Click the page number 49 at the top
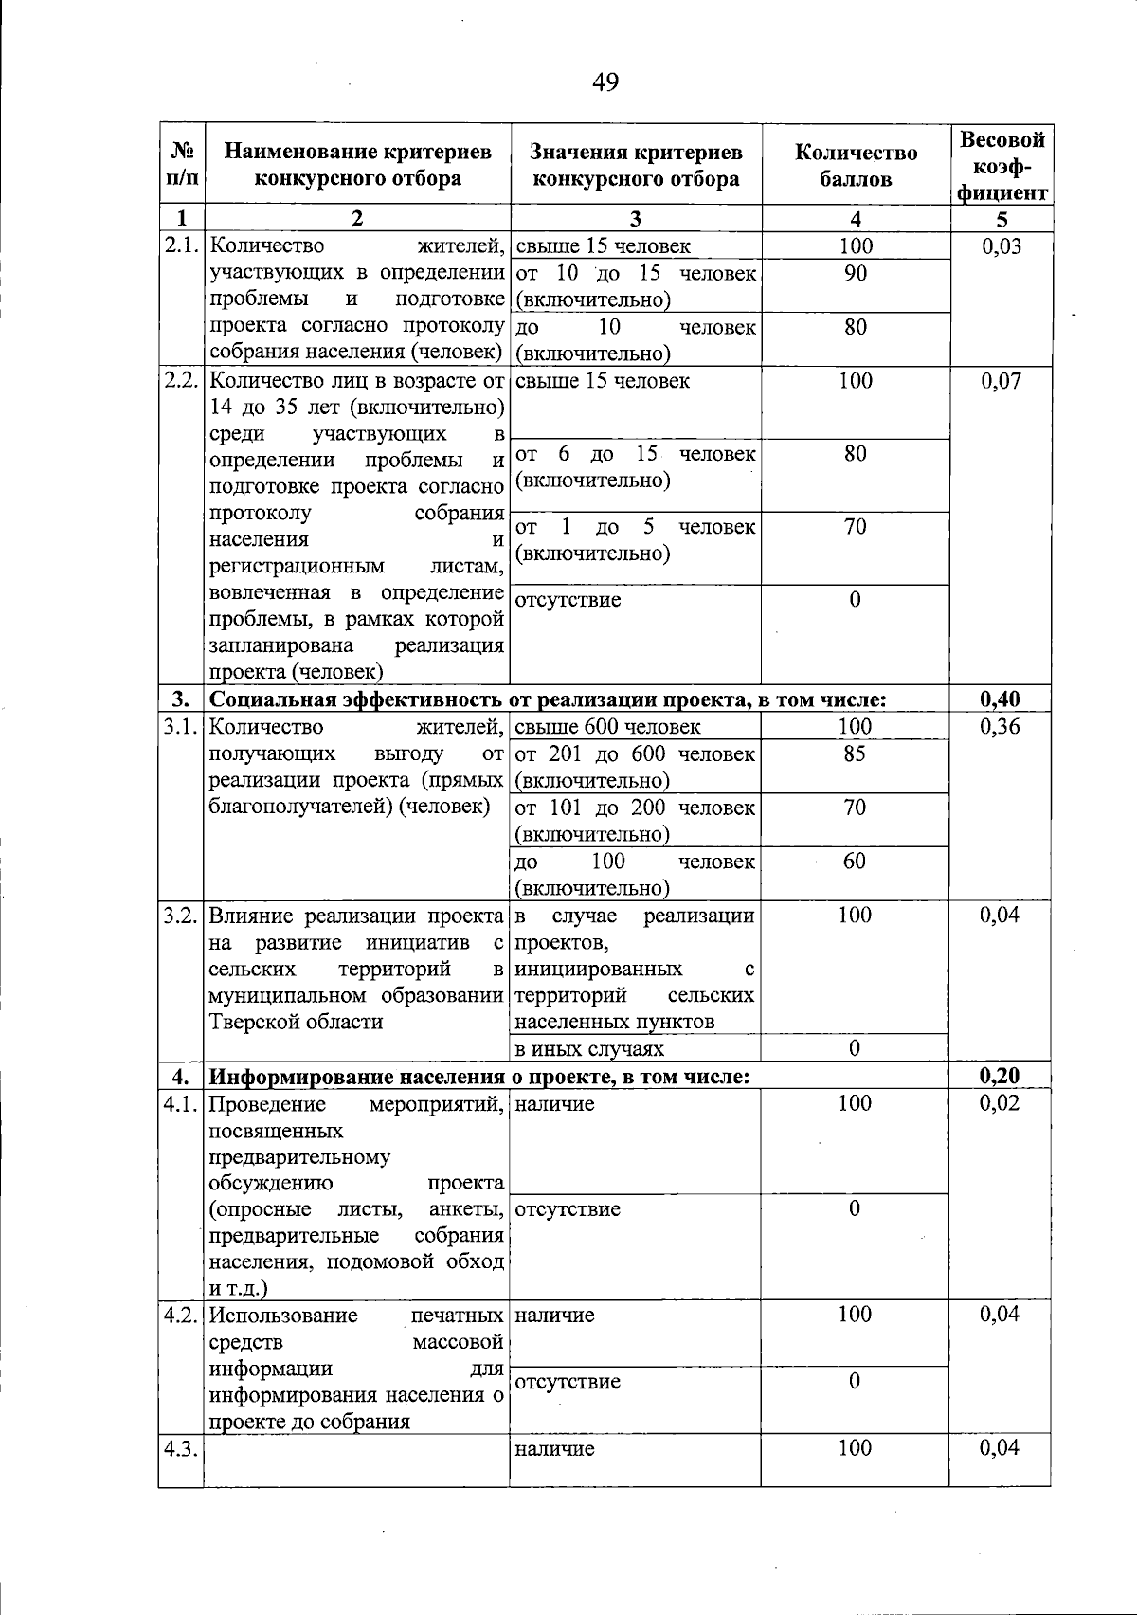click(x=605, y=82)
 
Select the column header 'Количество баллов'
click(x=856, y=165)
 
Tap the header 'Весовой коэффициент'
click(x=1002, y=166)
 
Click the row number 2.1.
click(x=180, y=246)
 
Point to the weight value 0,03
click(x=1002, y=246)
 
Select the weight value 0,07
click(x=1002, y=381)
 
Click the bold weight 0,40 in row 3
click(x=1001, y=700)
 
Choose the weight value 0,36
click(x=1001, y=727)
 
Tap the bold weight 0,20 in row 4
click(x=1001, y=1076)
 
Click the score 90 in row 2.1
click(x=856, y=274)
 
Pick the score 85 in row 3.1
click(x=855, y=753)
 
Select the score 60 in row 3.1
click(x=855, y=861)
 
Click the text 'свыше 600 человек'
click(x=607, y=727)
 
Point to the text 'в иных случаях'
click(x=588, y=1049)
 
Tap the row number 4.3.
click(x=180, y=1448)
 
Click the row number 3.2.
click(x=180, y=916)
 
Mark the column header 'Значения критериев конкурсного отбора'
click(x=636, y=165)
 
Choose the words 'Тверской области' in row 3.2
click(x=296, y=1022)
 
